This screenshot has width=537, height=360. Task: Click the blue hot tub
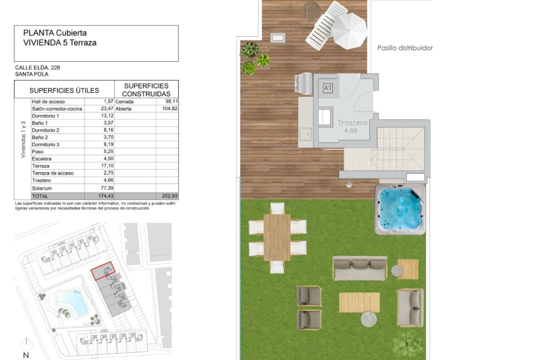(400, 210)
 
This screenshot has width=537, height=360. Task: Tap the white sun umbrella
(349, 31)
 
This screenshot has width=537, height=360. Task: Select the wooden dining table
(277, 237)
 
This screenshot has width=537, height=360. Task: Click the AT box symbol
(328, 88)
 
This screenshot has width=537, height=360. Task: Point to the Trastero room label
(352, 122)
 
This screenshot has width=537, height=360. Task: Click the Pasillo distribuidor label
(405, 48)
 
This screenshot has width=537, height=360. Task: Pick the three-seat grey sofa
(360, 268)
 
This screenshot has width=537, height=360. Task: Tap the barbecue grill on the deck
(303, 83)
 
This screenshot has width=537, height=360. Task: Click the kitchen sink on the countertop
(305, 134)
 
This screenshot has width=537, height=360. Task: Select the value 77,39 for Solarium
(107, 188)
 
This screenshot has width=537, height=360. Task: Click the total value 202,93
(169, 196)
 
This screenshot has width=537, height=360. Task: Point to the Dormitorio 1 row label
(45, 116)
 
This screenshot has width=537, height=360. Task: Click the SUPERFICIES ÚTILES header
(64, 90)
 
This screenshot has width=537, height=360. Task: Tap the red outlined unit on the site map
(103, 271)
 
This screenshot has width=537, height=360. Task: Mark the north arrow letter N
(26, 355)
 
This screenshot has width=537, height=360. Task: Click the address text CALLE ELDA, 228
(37, 68)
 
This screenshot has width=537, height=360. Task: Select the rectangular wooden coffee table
(359, 303)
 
